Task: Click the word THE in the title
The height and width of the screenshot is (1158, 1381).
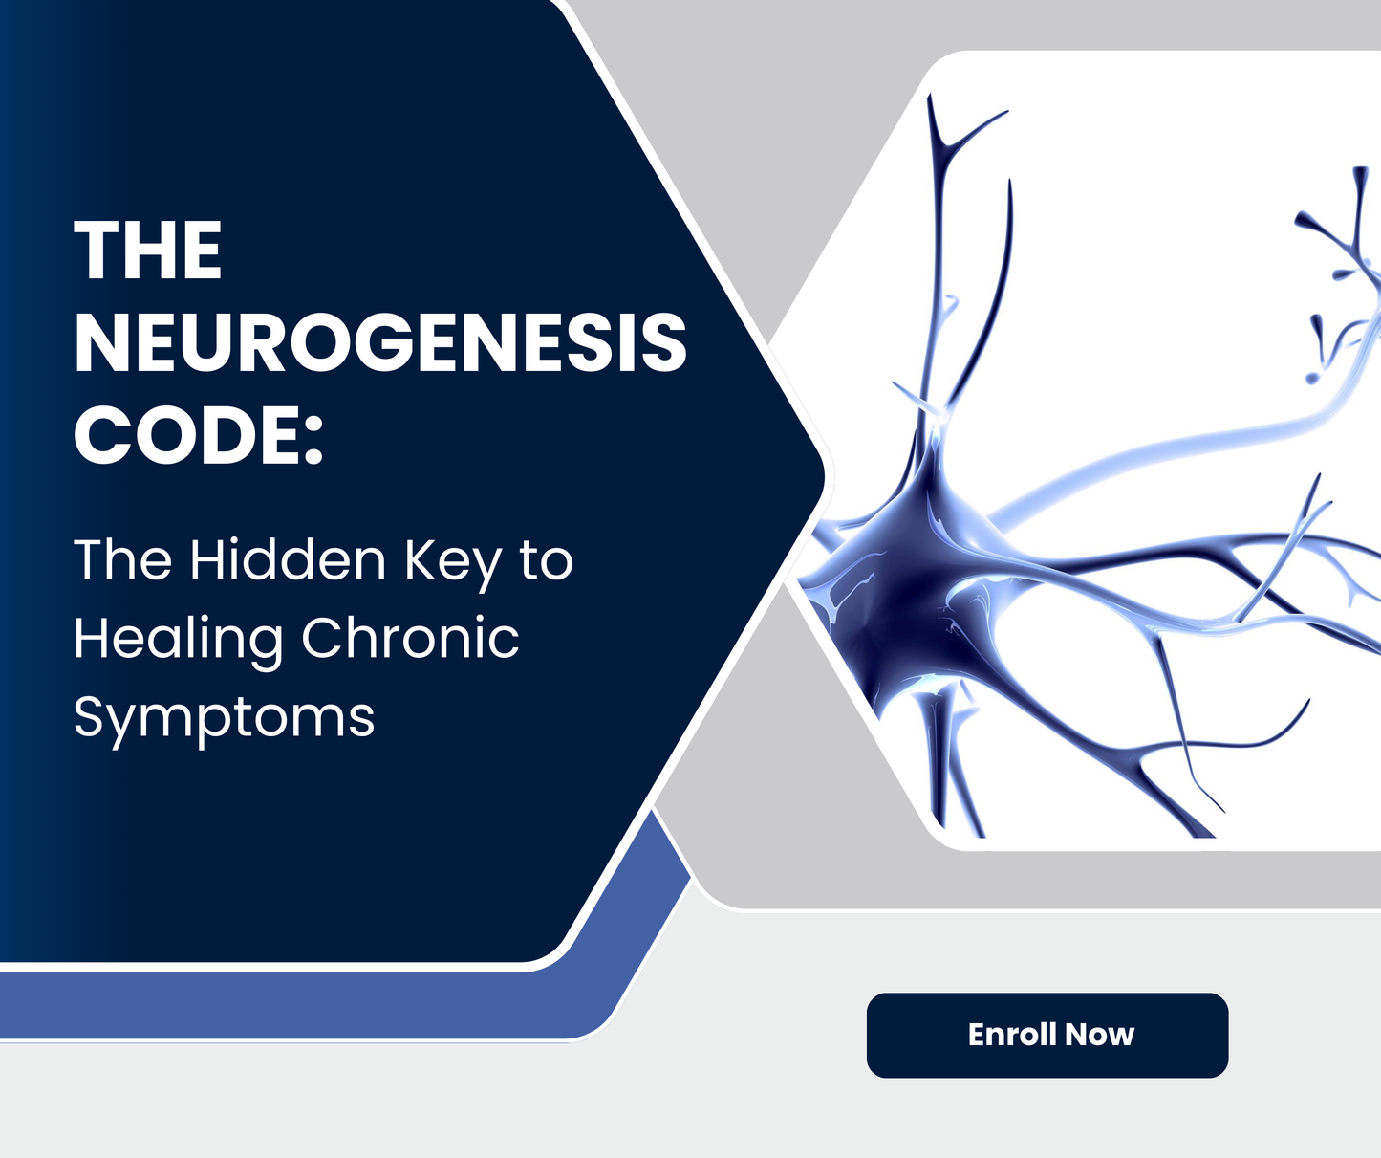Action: pyautogui.click(x=148, y=251)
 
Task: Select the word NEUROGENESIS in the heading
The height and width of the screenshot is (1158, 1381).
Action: pyautogui.click(x=380, y=342)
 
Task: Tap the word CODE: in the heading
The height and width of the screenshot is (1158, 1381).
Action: pyautogui.click(x=199, y=435)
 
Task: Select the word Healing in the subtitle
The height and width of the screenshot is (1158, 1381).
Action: pyautogui.click(x=178, y=640)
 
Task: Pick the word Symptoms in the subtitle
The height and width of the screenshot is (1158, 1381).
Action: pyautogui.click(x=224, y=718)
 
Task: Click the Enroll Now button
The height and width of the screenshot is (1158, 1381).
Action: pyautogui.click(x=1047, y=1036)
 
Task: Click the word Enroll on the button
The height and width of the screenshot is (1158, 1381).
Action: pyautogui.click(x=1011, y=1035)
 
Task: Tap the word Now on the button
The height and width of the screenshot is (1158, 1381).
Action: pyautogui.click(x=1099, y=1035)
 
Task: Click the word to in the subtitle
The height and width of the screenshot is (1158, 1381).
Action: pyautogui.click(x=546, y=560)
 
